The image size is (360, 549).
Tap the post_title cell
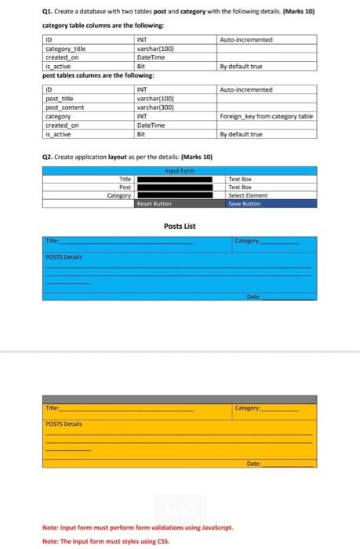(60, 98)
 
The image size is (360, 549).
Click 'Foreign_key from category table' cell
(266, 116)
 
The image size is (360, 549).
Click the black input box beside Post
(175, 187)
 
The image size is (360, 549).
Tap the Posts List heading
(180, 226)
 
